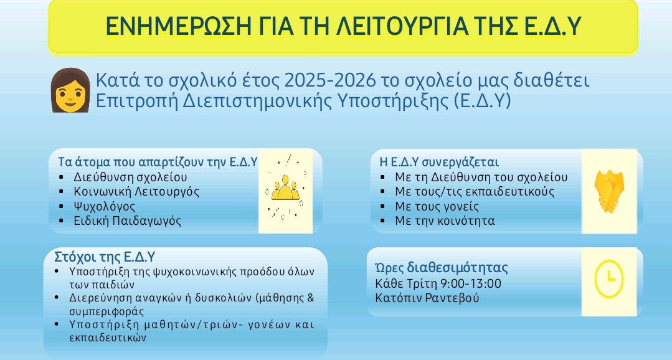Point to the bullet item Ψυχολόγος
pyautogui.click(x=105, y=206)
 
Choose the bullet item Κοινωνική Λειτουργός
pyautogui.click(x=137, y=192)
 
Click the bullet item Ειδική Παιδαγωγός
pyautogui.click(x=128, y=220)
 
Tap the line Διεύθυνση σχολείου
pyautogui.click(x=130, y=177)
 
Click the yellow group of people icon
pyautogui.click(x=285, y=188)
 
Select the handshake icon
pyautogui.click(x=609, y=191)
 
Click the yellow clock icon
pyautogui.click(x=609, y=278)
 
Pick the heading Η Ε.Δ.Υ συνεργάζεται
pyautogui.click(x=439, y=162)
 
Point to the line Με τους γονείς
pyautogui.click(x=437, y=206)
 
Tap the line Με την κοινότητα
pyautogui.click(x=445, y=220)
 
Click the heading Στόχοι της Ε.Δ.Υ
pyautogui.click(x=105, y=257)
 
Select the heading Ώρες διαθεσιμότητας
pyautogui.click(x=442, y=267)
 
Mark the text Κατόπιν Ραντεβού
pyautogui.click(x=427, y=298)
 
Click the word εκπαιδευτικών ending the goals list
pyautogui.click(x=108, y=338)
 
